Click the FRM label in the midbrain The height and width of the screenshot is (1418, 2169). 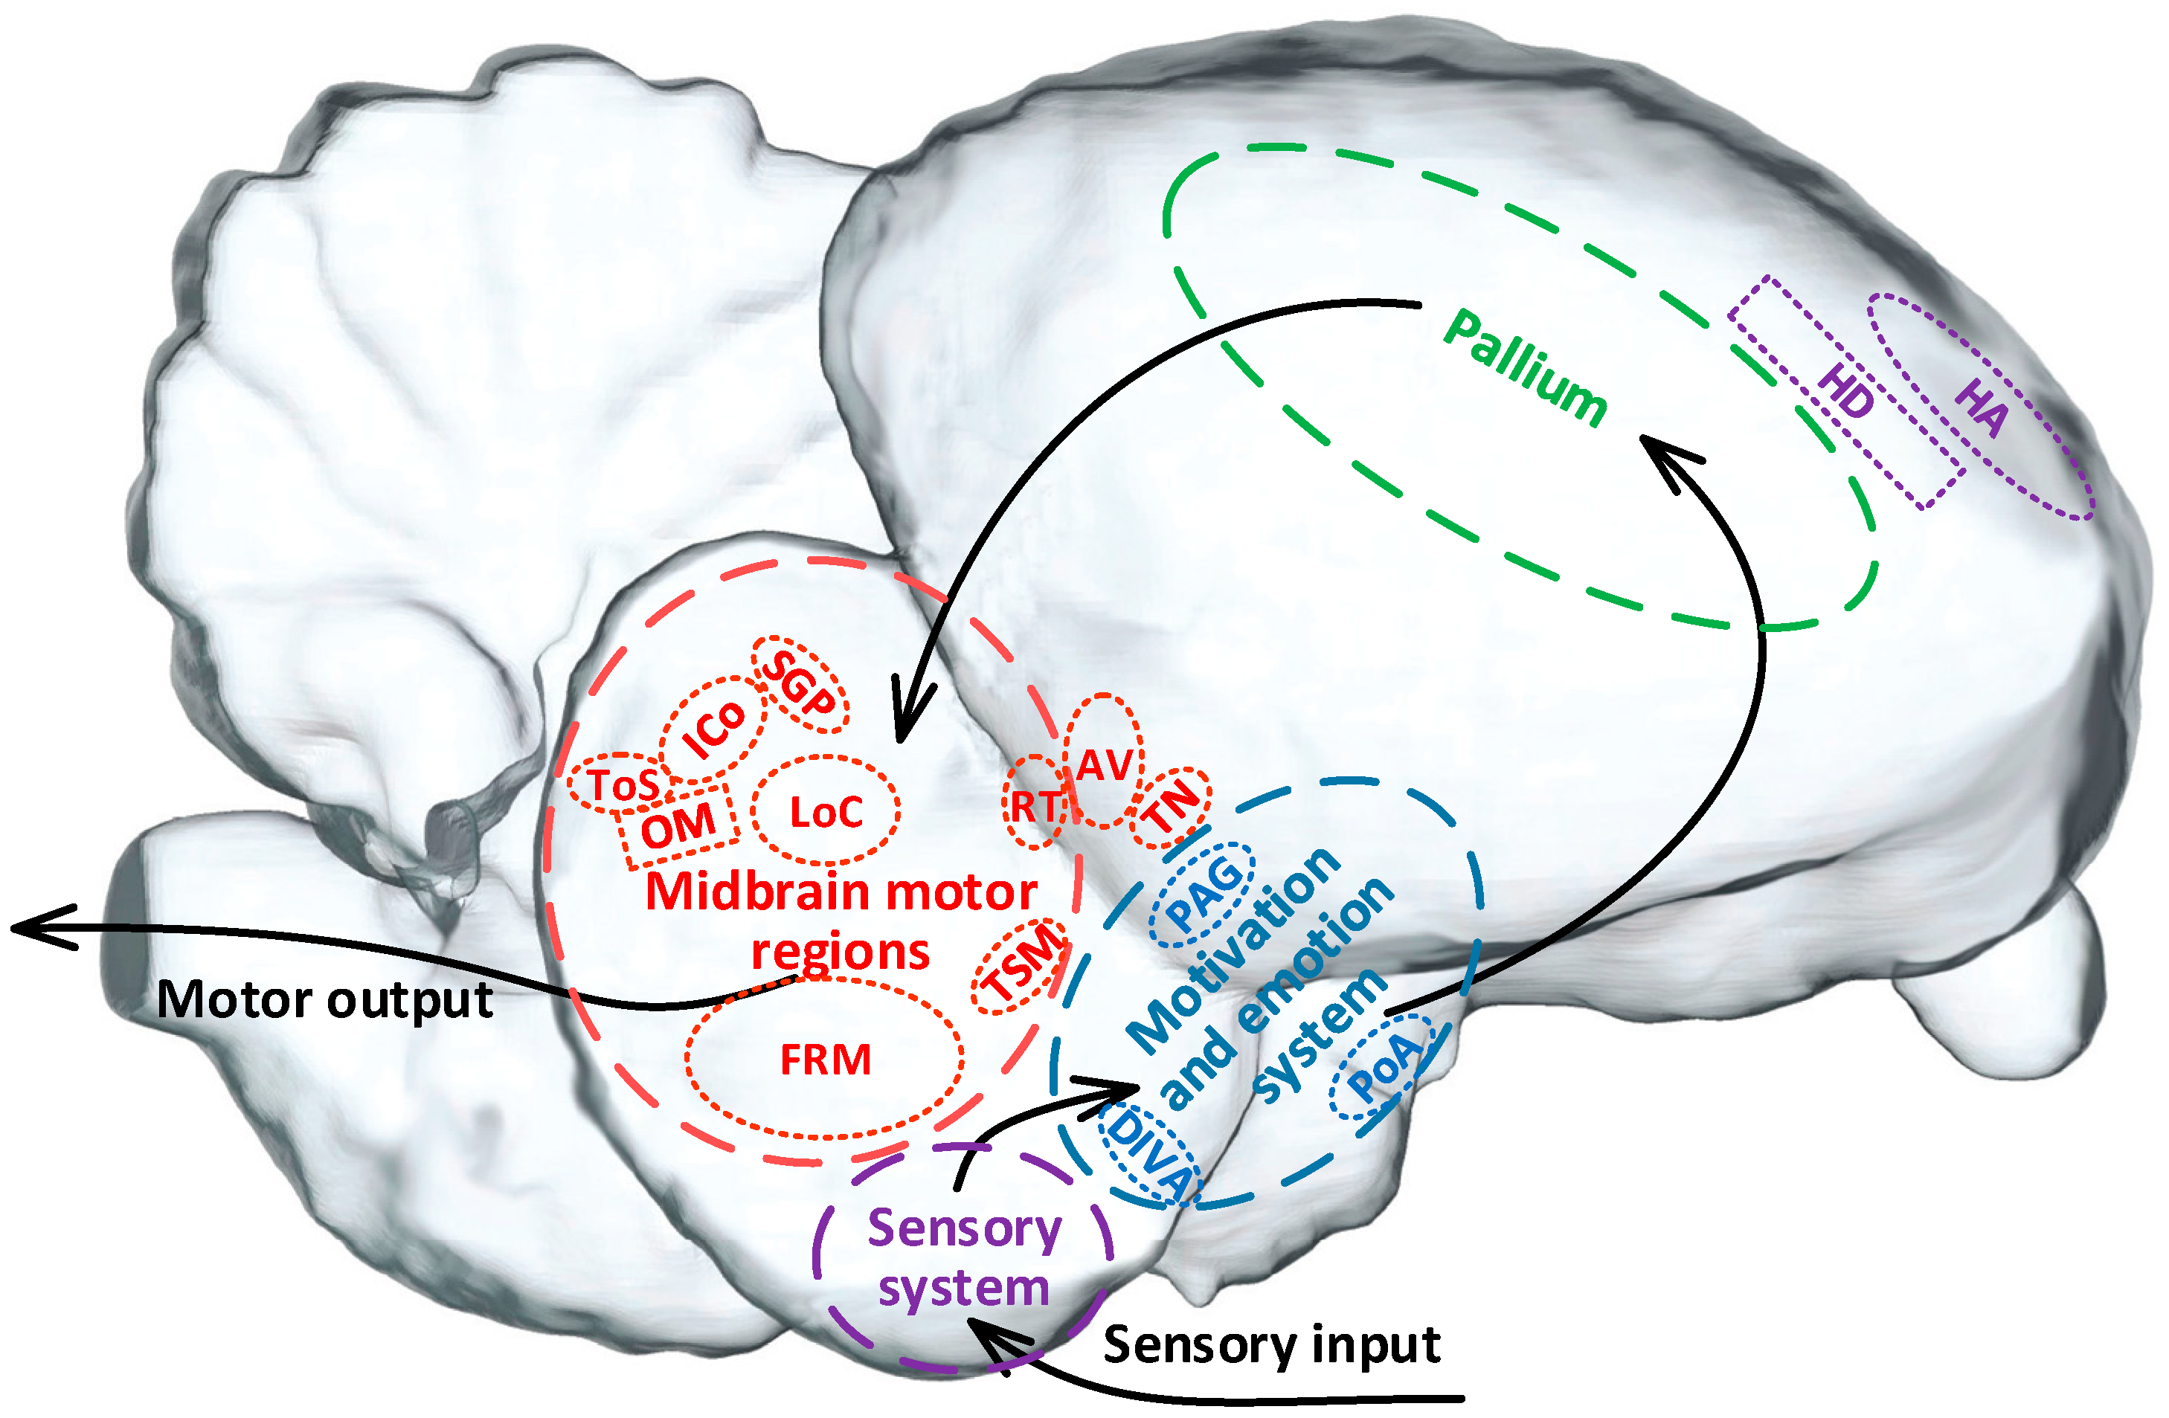[826, 1060]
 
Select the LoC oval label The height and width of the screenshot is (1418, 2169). [826, 812]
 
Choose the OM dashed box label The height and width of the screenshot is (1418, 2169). [678, 825]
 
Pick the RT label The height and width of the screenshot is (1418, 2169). [1035, 805]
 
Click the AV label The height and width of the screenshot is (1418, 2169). [1105, 764]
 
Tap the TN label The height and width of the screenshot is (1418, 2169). [1173, 808]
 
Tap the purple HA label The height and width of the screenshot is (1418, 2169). [1982, 407]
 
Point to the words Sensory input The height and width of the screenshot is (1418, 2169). [1271, 1344]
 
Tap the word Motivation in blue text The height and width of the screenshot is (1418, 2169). [1232, 950]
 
